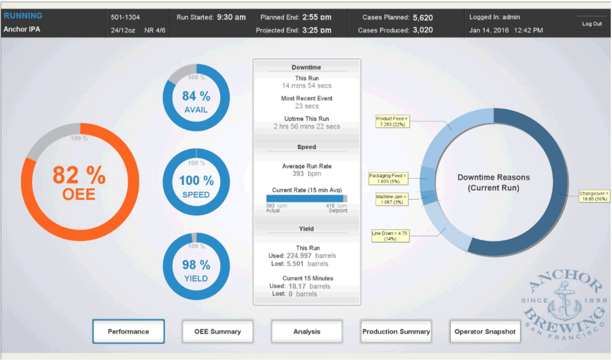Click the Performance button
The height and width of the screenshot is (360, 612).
pos(128,331)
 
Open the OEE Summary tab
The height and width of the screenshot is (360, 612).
pos(218,331)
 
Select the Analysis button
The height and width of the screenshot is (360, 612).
pos(307,331)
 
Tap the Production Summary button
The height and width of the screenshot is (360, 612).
pos(396,331)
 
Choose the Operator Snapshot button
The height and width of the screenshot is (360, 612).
pos(485,331)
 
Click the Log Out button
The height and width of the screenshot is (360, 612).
pos(592,24)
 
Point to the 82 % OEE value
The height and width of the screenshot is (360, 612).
pos(79,182)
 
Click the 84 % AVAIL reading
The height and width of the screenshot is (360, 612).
pos(196,100)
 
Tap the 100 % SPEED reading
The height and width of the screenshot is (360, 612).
pos(196,186)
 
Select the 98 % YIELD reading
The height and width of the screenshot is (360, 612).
pos(196,270)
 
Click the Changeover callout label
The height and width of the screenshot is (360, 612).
pos(594,197)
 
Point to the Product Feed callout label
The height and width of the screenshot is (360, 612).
pos(391,122)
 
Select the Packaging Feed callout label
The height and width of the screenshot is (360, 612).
pos(388,178)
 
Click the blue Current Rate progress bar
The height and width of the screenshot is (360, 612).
pos(305,198)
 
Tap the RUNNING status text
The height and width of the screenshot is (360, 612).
pos(23,16)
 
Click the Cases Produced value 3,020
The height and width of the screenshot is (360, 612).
pos(423,30)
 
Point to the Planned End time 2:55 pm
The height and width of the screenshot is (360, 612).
pos(317,17)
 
